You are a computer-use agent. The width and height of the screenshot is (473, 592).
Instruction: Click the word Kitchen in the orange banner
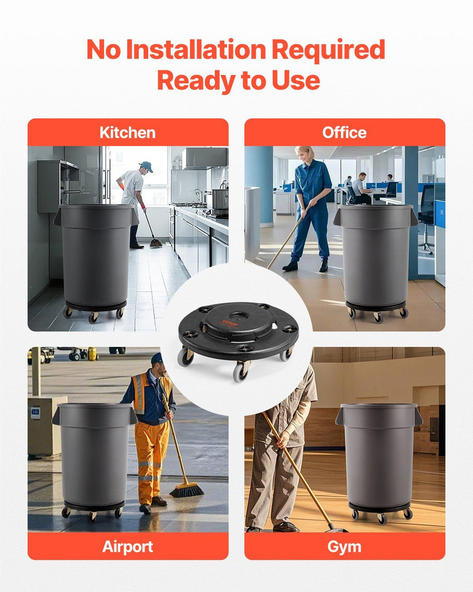(x=127, y=133)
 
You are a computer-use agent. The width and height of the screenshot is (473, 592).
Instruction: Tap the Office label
(x=344, y=133)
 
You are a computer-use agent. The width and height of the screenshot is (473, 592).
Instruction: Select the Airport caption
(x=127, y=546)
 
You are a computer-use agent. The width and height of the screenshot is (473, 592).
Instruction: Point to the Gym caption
(x=344, y=547)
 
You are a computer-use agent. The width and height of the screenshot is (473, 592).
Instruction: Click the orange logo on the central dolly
(x=230, y=323)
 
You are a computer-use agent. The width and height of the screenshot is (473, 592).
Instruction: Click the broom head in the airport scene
(x=187, y=490)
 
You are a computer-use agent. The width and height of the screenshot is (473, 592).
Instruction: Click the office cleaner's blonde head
(x=304, y=154)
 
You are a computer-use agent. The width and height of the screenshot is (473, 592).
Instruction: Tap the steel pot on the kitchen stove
(x=220, y=199)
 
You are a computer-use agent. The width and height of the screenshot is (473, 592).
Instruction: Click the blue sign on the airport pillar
(x=35, y=412)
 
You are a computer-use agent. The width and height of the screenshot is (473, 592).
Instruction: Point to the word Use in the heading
(x=296, y=80)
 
